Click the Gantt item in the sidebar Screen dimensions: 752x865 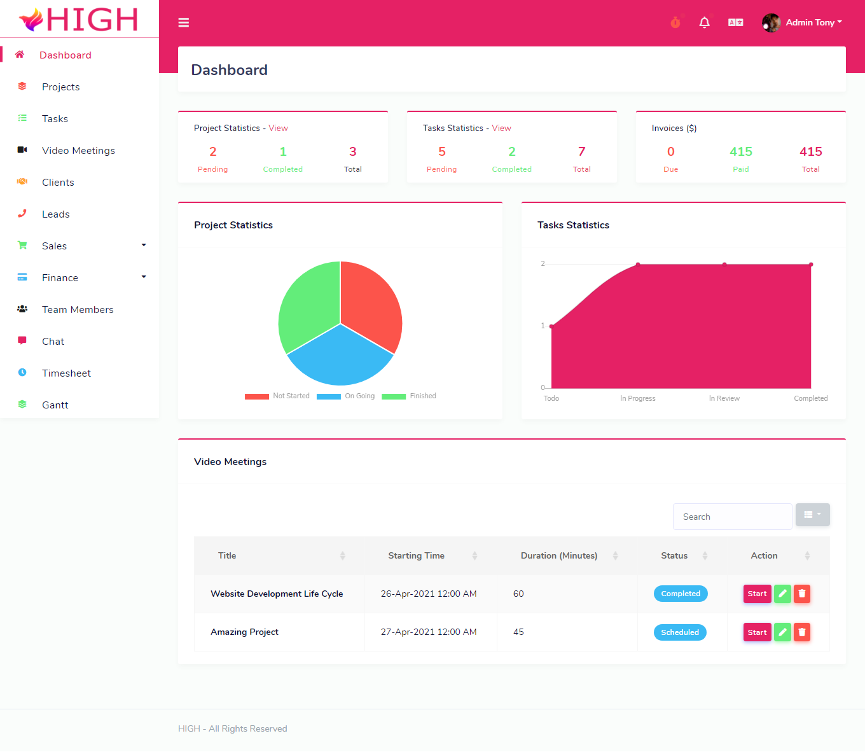(x=55, y=405)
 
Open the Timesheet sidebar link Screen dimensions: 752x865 (x=66, y=373)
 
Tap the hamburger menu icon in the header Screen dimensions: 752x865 (x=184, y=23)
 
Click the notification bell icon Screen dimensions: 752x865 (x=704, y=23)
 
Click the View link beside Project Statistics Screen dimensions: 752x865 (x=278, y=129)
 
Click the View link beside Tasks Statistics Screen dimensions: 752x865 (x=501, y=129)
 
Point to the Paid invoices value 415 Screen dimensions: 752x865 (x=740, y=152)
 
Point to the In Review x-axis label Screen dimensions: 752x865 (x=724, y=399)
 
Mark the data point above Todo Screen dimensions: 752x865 (x=551, y=326)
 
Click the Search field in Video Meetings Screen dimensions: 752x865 (x=732, y=517)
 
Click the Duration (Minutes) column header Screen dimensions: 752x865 (x=559, y=556)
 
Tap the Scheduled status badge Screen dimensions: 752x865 (x=679, y=632)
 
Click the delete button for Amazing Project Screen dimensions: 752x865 (x=802, y=632)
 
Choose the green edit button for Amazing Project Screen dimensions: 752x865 (x=782, y=632)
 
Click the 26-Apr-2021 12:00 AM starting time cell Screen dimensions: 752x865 (x=429, y=594)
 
